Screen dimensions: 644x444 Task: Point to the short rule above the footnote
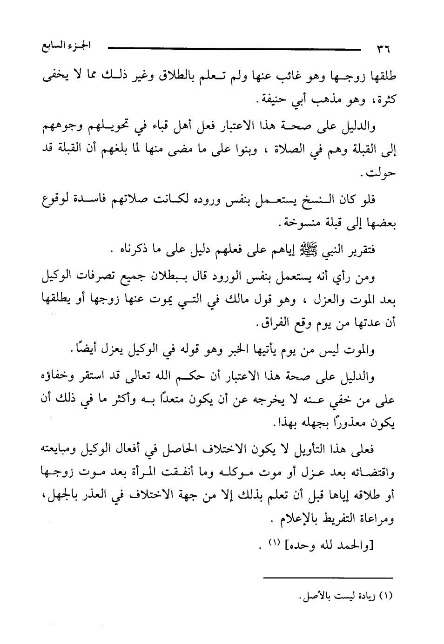(329, 578)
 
